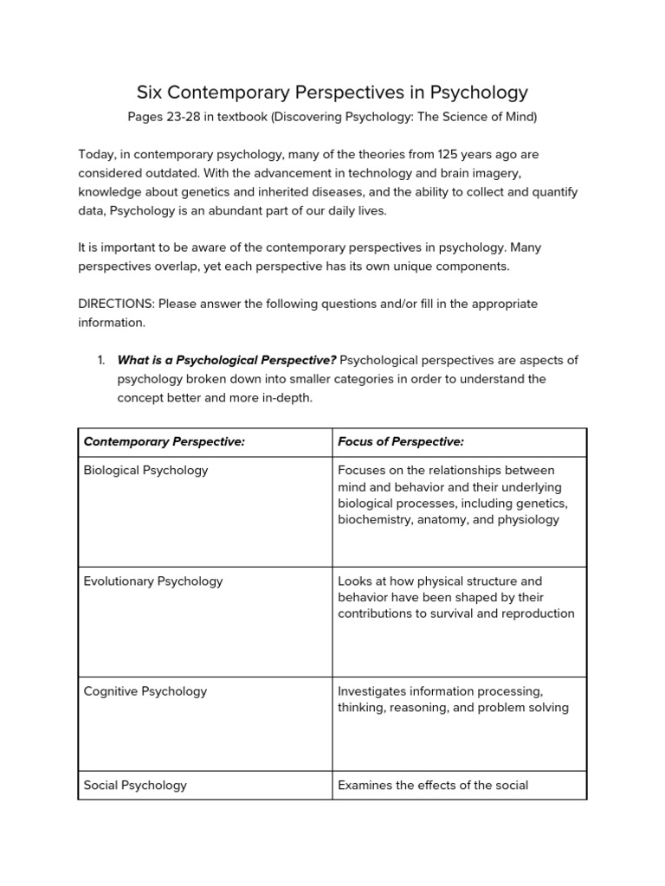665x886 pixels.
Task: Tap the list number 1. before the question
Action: (100, 360)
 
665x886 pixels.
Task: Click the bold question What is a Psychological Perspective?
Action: (227, 360)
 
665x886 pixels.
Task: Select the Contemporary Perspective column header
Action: (165, 442)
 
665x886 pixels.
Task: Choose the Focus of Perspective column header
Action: (401, 442)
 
